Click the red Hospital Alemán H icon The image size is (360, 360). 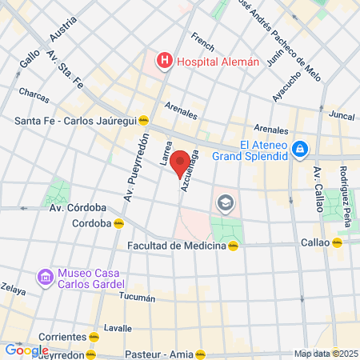(x=164, y=61)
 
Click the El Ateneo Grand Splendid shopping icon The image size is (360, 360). (x=299, y=148)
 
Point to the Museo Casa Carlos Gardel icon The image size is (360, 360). (x=45, y=278)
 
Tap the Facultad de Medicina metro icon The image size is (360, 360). (x=233, y=246)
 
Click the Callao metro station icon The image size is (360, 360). (x=338, y=242)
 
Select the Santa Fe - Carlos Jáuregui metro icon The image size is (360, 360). (x=143, y=121)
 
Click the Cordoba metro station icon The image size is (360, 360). (x=118, y=223)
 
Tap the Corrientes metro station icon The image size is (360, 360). (x=94, y=337)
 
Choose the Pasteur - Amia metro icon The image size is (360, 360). (x=201, y=353)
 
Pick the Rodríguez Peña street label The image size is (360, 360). (x=343, y=187)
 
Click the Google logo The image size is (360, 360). (x=26, y=350)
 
